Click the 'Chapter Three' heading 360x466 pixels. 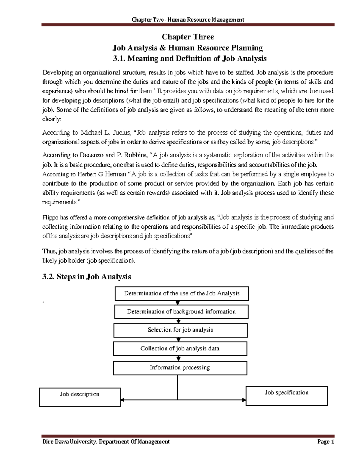pos(188,37)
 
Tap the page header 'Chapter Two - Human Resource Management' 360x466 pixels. pos(188,20)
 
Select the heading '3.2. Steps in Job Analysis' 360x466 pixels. pos(87,276)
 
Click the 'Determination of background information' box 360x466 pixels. pos(181,312)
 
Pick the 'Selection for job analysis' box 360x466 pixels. pos(180,330)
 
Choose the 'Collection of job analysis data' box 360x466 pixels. pos(180,349)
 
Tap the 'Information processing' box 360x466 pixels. pos(180,368)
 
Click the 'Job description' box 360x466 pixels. pos(79,397)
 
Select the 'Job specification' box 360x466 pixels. pos(286,396)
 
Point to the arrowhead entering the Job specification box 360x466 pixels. pos(244,400)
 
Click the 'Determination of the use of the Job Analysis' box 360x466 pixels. pos(182,293)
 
